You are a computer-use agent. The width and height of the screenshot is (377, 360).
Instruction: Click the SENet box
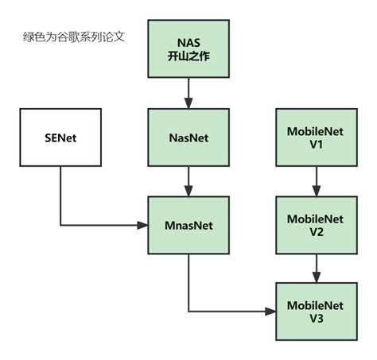60,139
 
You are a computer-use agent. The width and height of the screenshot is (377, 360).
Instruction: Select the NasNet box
188,139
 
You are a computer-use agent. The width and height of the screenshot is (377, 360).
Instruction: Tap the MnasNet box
188,225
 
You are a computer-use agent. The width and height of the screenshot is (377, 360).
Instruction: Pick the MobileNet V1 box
316,139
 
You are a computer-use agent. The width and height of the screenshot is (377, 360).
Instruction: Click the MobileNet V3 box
316,311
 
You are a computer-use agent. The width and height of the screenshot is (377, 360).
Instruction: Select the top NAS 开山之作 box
188,53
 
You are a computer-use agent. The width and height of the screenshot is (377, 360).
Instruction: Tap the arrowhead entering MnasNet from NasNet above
188,191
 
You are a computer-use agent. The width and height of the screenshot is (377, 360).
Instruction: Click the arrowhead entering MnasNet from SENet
143,225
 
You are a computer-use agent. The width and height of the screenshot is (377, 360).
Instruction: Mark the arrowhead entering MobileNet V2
316,191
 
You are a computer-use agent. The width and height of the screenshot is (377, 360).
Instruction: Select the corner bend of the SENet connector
60,225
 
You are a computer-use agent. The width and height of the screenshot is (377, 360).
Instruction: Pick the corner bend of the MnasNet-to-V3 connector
188,311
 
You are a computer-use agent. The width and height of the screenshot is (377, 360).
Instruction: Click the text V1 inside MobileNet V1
316,146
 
